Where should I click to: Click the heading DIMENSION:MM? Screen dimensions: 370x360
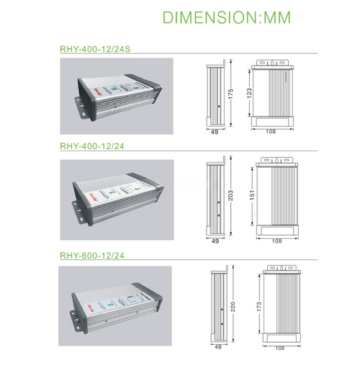[226, 17]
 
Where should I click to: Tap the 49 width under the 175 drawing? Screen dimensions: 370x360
[213, 133]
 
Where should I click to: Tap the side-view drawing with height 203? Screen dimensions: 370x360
[214, 196]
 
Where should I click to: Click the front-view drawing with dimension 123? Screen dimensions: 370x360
[273, 94]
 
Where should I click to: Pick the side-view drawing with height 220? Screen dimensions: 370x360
[220, 305]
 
